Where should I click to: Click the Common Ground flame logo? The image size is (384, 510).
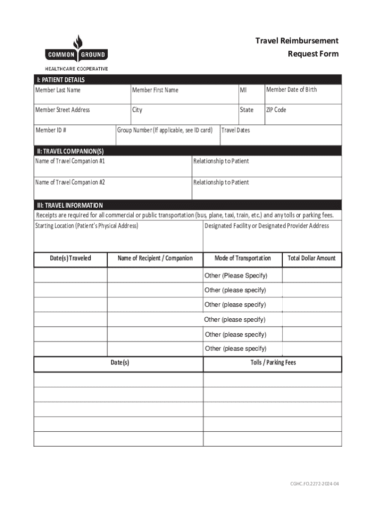point(76,42)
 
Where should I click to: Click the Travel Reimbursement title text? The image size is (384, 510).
point(297,41)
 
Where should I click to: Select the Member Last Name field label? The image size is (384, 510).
point(57,90)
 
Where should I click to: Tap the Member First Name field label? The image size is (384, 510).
point(155,90)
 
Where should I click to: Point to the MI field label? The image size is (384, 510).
point(243,90)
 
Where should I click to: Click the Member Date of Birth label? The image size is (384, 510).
point(291,90)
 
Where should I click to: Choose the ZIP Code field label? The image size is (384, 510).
point(276,110)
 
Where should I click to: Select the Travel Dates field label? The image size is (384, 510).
point(235,130)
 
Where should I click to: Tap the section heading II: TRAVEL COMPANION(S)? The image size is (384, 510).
point(69,151)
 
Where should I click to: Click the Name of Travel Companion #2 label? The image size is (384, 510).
point(70,182)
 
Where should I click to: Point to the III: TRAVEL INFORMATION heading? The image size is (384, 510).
point(69,205)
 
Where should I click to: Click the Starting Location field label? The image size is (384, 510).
point(86,226)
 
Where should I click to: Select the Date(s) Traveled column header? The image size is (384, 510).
point(70,258)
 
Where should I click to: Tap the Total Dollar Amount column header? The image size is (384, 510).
point(312,258)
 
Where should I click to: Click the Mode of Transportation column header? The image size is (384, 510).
point(242,258)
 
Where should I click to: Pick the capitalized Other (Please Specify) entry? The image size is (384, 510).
point(236,276)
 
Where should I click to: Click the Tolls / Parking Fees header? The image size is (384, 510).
point(273,363)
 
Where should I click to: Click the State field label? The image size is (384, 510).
point(246,110)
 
